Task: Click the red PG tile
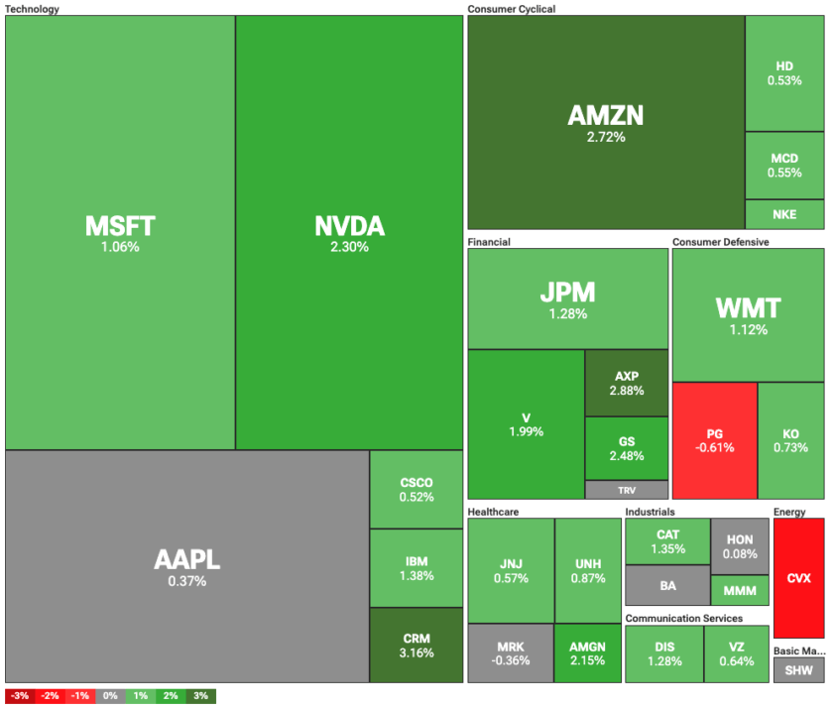(x=714, y=440)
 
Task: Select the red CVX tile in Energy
(x=798, y=577)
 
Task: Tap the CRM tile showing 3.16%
(x=416, y=645)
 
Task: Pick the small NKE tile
(x=784, y=214)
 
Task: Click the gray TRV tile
(x=626, y=490)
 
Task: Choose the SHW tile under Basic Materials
(x=798, y=670)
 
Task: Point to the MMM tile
(x=740, y=591)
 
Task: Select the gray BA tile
(x=667, y=585)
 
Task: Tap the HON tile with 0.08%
(x=740, y=545)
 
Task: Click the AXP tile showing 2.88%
(x=626, y=383)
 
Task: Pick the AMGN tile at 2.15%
(x=587, y=653)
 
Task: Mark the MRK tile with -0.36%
(x=510, y=653)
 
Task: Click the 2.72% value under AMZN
(x=606, y=137)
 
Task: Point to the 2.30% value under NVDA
(x=349, y=247)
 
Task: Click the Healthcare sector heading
(x=494, y=512)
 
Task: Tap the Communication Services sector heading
(x=683, y=618)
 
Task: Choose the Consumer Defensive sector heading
(x=720, y=241)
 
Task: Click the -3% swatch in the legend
(x=20, y=696)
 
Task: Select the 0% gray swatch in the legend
(x=110, y=696)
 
